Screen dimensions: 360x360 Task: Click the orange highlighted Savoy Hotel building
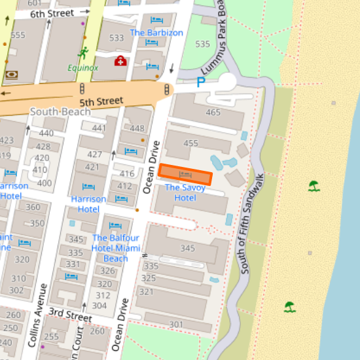(186, 174)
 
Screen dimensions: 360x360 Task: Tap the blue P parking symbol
(202, 82)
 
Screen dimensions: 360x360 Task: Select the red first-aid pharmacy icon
(120, 61)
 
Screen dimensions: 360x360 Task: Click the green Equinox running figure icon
(82, 53)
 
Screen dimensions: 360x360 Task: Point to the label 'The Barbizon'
(156, 33)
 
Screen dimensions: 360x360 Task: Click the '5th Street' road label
(101, 101)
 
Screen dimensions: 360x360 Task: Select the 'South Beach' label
(60, 112)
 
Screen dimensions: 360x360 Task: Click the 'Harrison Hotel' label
(89, 204)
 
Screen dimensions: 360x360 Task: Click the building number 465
(213, 113)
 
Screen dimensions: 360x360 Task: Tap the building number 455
(190, 143)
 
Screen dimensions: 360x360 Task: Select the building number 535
(203, 44)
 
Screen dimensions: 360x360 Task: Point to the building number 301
(176, 324)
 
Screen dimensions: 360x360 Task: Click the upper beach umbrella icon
(315, 186)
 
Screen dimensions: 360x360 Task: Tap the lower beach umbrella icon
(289, 306)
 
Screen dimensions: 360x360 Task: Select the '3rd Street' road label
(70, 316)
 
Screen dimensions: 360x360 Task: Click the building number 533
(117, 38)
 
